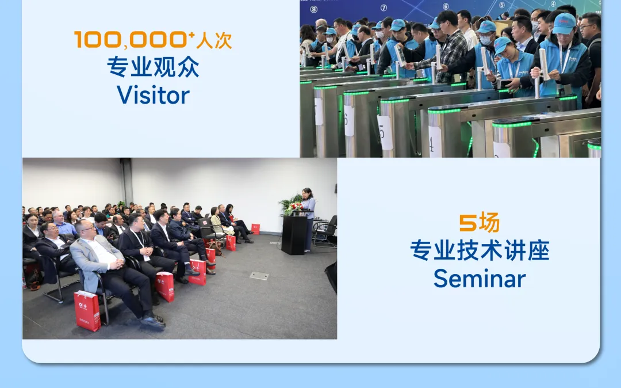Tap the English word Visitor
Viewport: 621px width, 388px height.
153,95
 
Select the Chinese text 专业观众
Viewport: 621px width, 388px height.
153,67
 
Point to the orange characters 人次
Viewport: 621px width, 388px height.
214,41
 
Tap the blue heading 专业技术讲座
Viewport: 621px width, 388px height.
480,250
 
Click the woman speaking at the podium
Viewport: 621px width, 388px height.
308,219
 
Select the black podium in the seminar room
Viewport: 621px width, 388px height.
294,235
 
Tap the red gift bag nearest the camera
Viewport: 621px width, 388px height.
87,311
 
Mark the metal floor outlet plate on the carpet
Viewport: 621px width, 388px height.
259,276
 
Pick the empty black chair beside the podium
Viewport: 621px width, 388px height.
325,231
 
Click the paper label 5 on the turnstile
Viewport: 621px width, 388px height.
385,132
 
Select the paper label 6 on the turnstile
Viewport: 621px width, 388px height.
349,120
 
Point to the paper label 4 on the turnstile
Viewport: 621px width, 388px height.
435,142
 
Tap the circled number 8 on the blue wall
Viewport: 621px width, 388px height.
314,9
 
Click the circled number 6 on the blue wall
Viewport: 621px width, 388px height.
446,6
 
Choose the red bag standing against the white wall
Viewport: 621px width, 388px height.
255,229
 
